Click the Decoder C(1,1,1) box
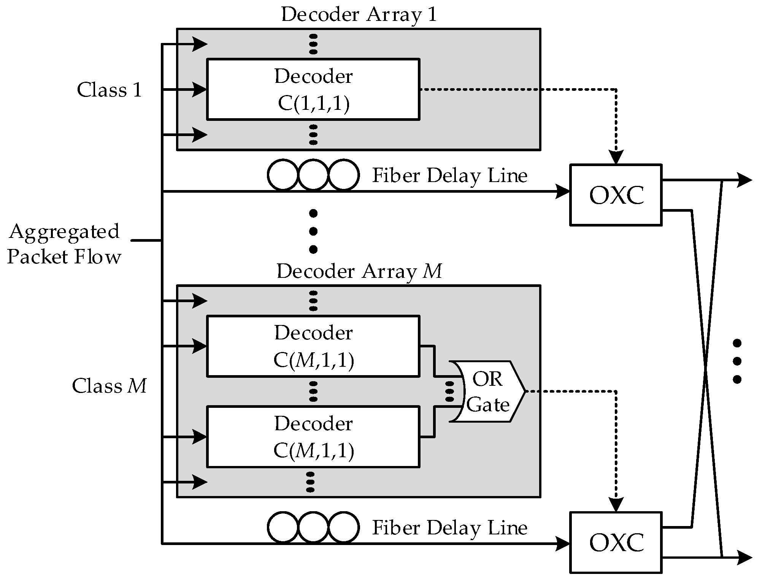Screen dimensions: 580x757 click(313, 89)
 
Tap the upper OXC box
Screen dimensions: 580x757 click(616, 195)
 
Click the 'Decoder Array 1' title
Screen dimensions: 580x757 click(359, 14)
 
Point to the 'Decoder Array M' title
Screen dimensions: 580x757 click(359, 271)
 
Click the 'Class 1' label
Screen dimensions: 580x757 click(109, 90)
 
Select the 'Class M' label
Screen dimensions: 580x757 click(109, 386)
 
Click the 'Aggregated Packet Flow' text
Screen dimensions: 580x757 click(64, 244)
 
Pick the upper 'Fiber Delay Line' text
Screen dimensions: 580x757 click(450, 176)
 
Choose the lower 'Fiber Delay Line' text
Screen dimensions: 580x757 click(450, 528)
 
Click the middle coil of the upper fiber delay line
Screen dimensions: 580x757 click(313, 175)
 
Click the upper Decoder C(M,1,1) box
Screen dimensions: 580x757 click(313, 346)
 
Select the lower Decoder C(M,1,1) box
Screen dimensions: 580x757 click(313, 437)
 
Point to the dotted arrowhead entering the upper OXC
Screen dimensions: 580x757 click(616, 157)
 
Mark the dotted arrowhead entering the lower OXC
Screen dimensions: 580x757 click(616, 505)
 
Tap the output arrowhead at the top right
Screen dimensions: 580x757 click(744, 180)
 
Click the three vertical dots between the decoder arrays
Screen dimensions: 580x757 click(313, 231)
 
